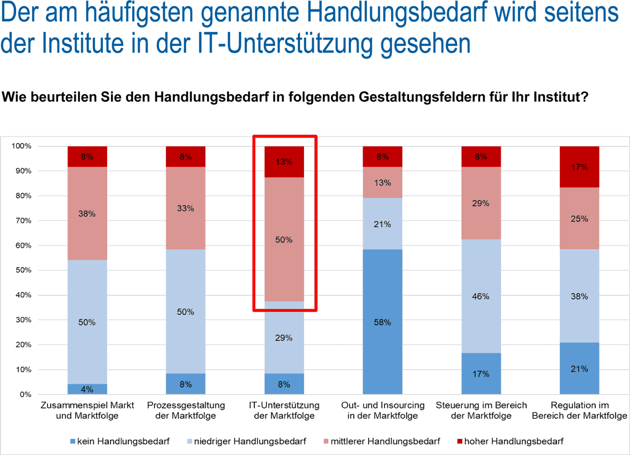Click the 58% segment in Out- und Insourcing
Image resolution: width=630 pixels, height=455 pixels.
click(382, 322)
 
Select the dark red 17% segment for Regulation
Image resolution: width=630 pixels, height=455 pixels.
click(579, 167)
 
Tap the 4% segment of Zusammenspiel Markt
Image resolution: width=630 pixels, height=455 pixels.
click(87, 389)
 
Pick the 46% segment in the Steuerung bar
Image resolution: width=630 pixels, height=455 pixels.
click(481, 296)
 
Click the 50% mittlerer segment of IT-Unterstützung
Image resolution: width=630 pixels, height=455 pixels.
click(284, 239)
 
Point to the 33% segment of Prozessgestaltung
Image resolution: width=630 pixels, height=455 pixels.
click(186, 208)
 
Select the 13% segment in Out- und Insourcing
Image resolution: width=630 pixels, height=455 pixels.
click(382, 182)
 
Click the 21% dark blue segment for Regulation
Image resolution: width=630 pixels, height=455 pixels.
click(579, 368)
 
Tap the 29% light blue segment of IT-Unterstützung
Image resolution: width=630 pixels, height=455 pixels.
click(284, 337)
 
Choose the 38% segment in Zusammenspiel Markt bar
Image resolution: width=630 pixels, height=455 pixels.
click(87, 213)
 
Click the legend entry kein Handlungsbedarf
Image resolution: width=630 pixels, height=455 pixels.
click(119, 441)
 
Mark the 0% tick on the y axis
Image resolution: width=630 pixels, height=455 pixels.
click(25, 395)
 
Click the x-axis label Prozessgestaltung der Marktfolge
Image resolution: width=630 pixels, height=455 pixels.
click(186, 411)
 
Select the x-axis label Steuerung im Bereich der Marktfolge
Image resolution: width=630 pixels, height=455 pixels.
click(481, 411)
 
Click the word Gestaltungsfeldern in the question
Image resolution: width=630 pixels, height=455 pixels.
click(427, 98)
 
